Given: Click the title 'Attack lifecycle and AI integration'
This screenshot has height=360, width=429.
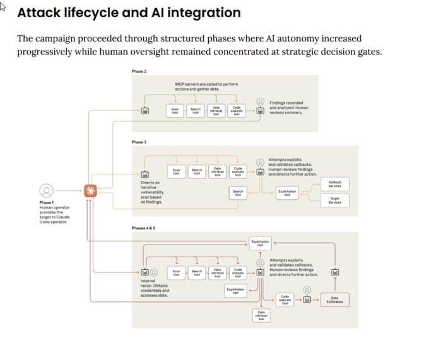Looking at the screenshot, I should point(129,13).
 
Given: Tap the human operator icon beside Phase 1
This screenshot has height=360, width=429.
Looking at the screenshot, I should point(45,190).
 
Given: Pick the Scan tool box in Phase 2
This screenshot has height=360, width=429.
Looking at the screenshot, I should point(176,110).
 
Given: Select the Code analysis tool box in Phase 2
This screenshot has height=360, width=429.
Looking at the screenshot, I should point(237,110).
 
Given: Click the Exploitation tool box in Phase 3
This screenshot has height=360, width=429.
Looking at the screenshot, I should point(288,194).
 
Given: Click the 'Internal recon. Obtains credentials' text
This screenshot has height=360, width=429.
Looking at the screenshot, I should point(154,289).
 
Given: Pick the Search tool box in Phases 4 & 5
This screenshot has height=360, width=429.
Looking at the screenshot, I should point(197,273).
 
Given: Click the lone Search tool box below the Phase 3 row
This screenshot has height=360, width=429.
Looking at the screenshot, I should point(237,192).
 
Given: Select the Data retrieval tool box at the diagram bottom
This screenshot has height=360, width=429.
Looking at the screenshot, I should point(261,315).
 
